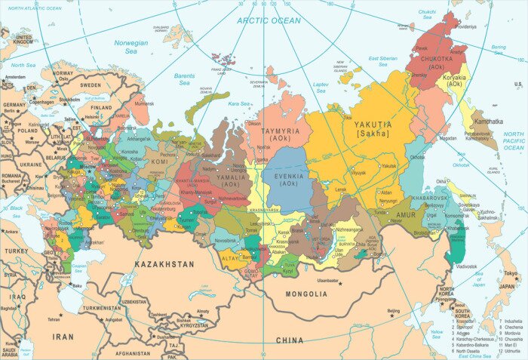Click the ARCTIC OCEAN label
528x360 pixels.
[x=269, y=20]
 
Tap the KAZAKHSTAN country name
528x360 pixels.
[x=164, y=265]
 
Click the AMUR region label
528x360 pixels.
[x=406, y=215]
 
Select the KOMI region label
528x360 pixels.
[x=159, y=162]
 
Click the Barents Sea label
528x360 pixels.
[x=184, y=78]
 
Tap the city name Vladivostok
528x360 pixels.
[x=465, y=266]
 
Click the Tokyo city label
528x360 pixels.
[x=511, y=274]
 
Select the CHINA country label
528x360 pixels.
[x=289, y=340]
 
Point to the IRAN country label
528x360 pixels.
[x=63, y=336]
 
